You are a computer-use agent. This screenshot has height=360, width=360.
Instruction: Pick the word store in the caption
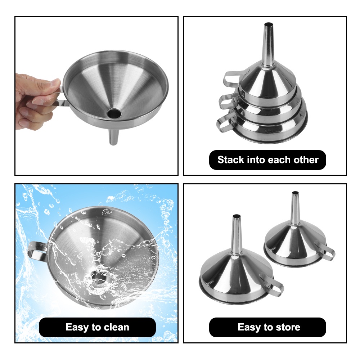coord(287,327)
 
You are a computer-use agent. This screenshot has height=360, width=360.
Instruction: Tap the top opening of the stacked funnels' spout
coord(268,25)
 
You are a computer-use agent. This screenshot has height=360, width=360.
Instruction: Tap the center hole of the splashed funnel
coord(98,278)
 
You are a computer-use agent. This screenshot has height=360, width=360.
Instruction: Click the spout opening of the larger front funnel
coord(237,217)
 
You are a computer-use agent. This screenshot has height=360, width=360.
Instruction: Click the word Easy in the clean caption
coord(77,327)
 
